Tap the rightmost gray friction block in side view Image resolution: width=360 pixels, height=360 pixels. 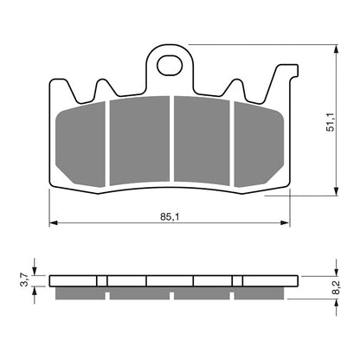coord(262,294)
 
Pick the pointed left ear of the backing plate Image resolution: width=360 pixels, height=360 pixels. coord(104,84)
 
